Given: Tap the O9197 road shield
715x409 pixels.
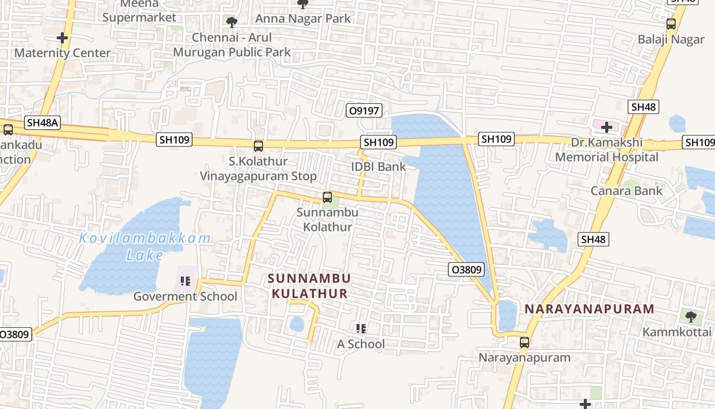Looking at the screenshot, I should [365, 110].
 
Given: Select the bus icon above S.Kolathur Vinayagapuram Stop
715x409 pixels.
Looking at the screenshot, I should [258, 146].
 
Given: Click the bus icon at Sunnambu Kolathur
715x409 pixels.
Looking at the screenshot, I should [327, 197].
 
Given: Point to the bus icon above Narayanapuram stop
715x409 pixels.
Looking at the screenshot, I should [525, 343].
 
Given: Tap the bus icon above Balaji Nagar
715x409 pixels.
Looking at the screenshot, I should [671, 24].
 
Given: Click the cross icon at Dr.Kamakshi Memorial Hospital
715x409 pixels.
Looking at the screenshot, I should [607, 127].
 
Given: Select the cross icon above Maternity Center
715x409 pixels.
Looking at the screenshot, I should [62, 38].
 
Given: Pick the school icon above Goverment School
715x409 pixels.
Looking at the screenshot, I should [185, 281].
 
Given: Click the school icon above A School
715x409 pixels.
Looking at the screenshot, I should [361, 328].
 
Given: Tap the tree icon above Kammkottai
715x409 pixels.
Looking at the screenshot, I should [690, 316].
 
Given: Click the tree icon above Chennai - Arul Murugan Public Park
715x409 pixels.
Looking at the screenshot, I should [231, 22].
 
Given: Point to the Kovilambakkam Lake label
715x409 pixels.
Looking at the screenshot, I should [145, 246].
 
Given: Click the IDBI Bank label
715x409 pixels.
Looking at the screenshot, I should [378, 166].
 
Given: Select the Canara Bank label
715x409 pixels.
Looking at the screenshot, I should [627, 191].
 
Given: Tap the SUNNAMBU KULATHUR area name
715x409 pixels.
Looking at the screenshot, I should [309, 286].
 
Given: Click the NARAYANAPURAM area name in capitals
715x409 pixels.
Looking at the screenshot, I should [589, 309].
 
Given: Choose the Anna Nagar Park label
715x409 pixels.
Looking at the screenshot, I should [303, 18].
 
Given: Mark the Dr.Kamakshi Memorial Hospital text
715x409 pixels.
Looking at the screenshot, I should [607, 150].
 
